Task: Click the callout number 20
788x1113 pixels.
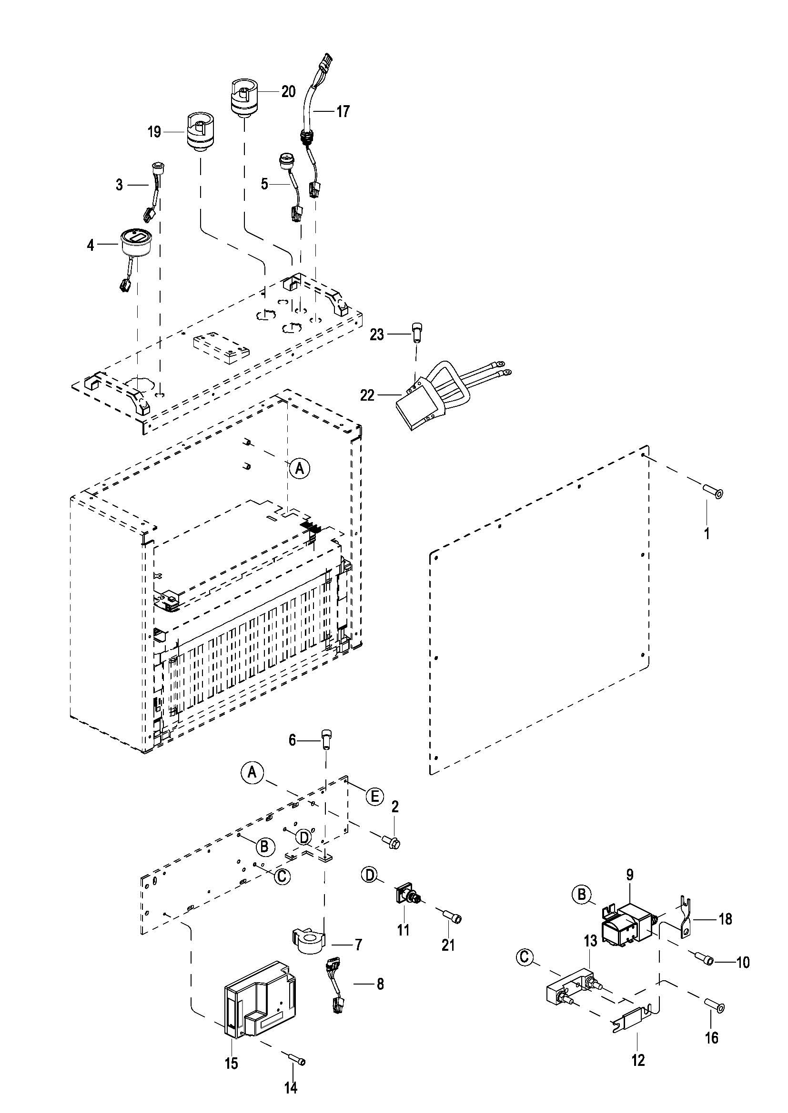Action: tap(288, 91)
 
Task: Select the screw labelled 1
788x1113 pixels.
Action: tap(712, 491)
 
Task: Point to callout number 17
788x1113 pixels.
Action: tap(343, 111)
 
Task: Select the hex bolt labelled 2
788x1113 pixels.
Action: tap(391, 844)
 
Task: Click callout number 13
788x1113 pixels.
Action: tap(590, 941)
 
